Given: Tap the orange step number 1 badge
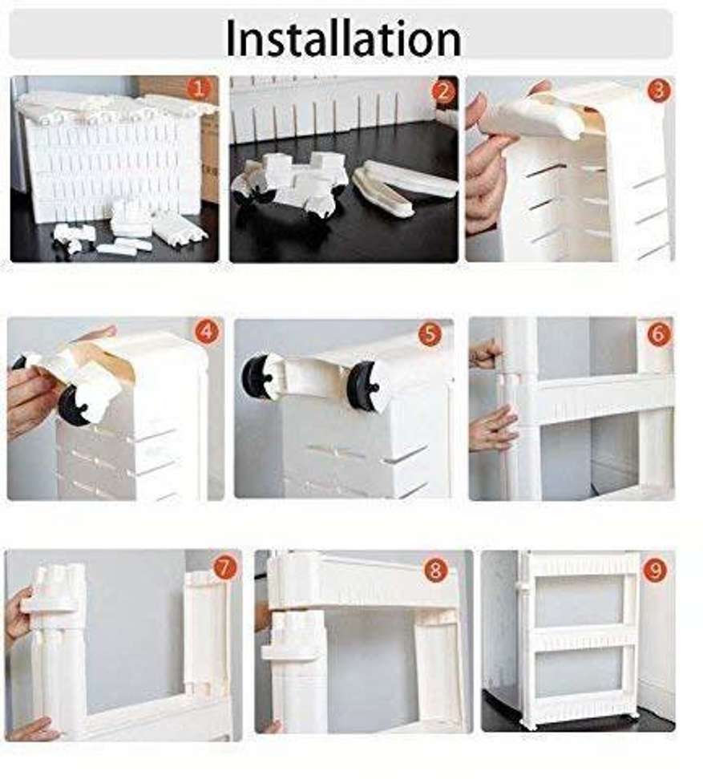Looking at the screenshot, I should click(200, 88).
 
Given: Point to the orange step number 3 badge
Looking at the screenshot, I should click(657, 91).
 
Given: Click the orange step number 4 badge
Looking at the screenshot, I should click(206, 331).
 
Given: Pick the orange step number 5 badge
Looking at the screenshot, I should click(429, 333).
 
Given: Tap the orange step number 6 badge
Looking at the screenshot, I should click(657, 333).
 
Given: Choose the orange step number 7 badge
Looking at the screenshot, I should click(224, 568).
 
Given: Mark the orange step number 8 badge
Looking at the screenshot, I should click(435, 571).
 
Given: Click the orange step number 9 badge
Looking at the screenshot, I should click(654, 570).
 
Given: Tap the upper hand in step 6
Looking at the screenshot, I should click(485, 353).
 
